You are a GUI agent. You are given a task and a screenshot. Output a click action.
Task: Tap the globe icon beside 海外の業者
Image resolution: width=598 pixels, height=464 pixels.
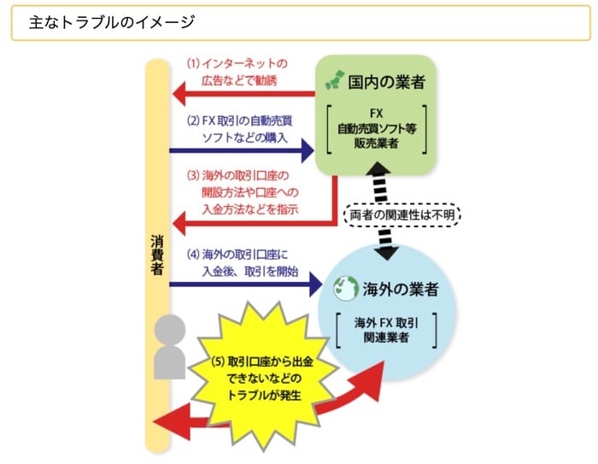coord(346,288)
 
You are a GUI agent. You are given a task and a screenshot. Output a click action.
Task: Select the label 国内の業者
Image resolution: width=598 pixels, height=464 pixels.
coord(386,82)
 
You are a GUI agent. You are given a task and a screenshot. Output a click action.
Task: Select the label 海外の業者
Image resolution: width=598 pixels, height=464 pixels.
coord(399,289)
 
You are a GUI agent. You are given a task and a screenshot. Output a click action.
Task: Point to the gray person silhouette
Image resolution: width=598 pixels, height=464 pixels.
coord(169,346)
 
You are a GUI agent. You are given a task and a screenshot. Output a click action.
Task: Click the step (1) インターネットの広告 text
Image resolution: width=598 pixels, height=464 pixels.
coord(237,72)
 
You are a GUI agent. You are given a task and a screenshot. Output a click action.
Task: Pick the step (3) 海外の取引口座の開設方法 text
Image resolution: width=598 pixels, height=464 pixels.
coord(243,192)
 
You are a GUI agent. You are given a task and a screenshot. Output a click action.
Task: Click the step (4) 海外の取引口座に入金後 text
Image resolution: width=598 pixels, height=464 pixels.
coord(242,263)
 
